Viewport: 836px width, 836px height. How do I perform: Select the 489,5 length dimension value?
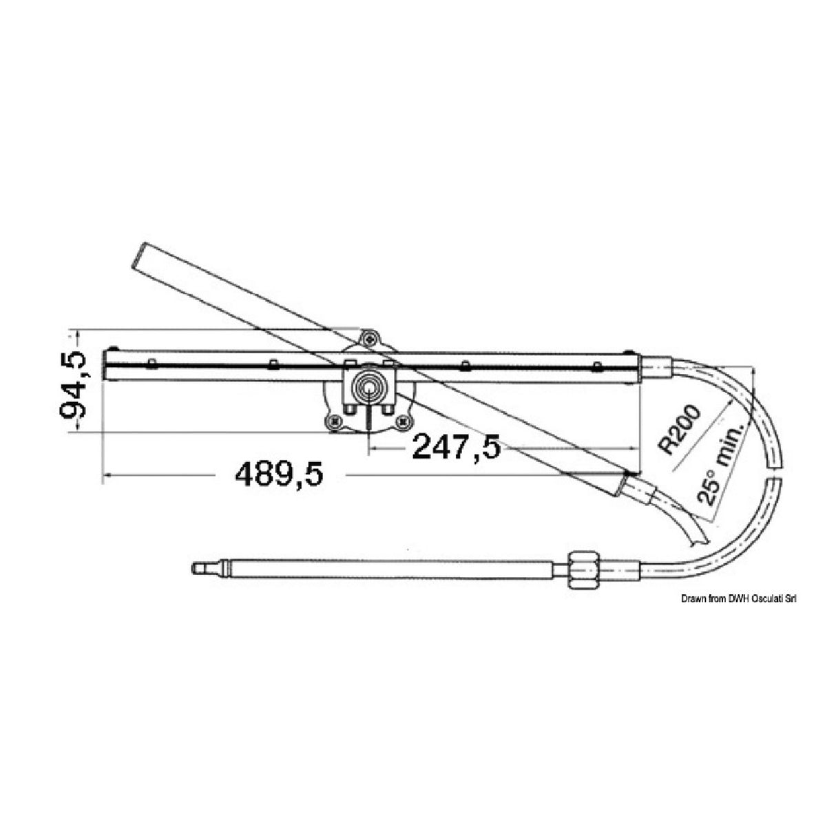point(279,474)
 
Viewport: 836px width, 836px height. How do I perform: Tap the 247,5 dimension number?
point(455,448)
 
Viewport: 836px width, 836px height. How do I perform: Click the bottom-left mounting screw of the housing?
point(335,421)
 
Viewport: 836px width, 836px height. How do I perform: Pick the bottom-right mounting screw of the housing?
point(402,421)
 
